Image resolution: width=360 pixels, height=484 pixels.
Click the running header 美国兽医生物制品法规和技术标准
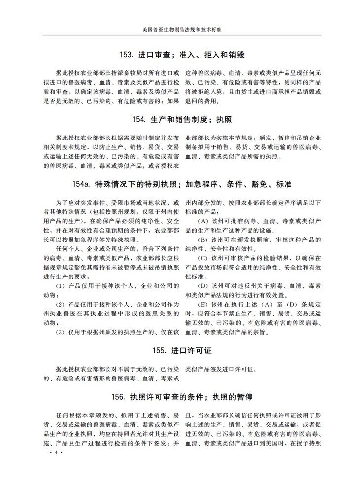(x=180, y=29)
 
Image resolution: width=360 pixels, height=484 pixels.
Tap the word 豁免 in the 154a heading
(x=257, y=185)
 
